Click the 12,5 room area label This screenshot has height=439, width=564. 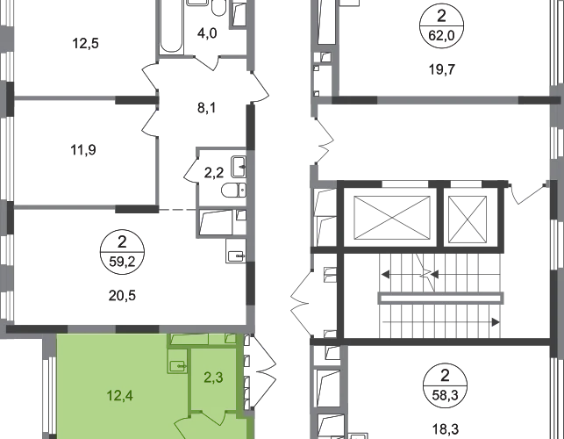[86, 44]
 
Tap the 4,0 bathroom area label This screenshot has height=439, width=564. [207, 33]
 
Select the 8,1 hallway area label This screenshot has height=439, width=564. [207, 108]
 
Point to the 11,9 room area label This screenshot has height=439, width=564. [83, 149]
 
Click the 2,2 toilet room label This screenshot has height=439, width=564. [214, 173]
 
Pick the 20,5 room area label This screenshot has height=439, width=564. [122, 296]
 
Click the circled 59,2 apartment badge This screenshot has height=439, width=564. [122, 252]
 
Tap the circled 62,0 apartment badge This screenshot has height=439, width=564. [442, 25]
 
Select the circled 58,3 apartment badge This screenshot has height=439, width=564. [446, 385]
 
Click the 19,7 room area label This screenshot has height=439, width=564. [442, 69]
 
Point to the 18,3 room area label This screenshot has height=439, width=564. [446, 429]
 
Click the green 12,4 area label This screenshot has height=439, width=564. [120, 396]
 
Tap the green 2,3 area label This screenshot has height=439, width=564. [214, 378]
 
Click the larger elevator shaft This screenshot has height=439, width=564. [392, 218]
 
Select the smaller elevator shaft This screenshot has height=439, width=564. [468, 219]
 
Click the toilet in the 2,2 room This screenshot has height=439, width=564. [234, 191]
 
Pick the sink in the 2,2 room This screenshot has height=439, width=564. [239, 166]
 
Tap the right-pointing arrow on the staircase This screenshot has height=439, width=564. [496, 322]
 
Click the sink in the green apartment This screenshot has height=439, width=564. [178, 366]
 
